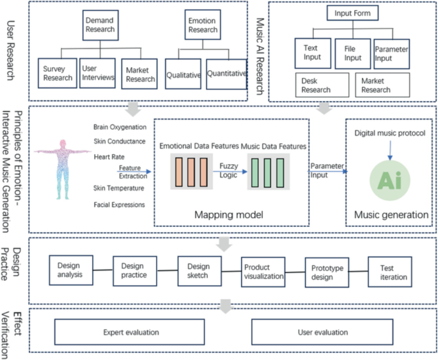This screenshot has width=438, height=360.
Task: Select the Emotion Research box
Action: [x=201, y=24]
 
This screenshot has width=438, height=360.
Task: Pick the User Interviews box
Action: [x=98, y=74]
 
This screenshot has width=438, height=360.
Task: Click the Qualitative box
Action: [x=184, y=75]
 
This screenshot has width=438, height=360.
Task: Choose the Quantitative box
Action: [x=227, y=74]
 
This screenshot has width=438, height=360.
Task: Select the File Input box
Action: [x=353, y=53]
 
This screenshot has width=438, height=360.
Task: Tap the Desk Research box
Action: [x=322, y=85]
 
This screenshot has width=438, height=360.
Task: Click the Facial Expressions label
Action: [x=118, y=205]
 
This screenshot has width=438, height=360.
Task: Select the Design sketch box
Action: [x=198, y=270]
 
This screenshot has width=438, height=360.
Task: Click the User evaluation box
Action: [x=324, y=332]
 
